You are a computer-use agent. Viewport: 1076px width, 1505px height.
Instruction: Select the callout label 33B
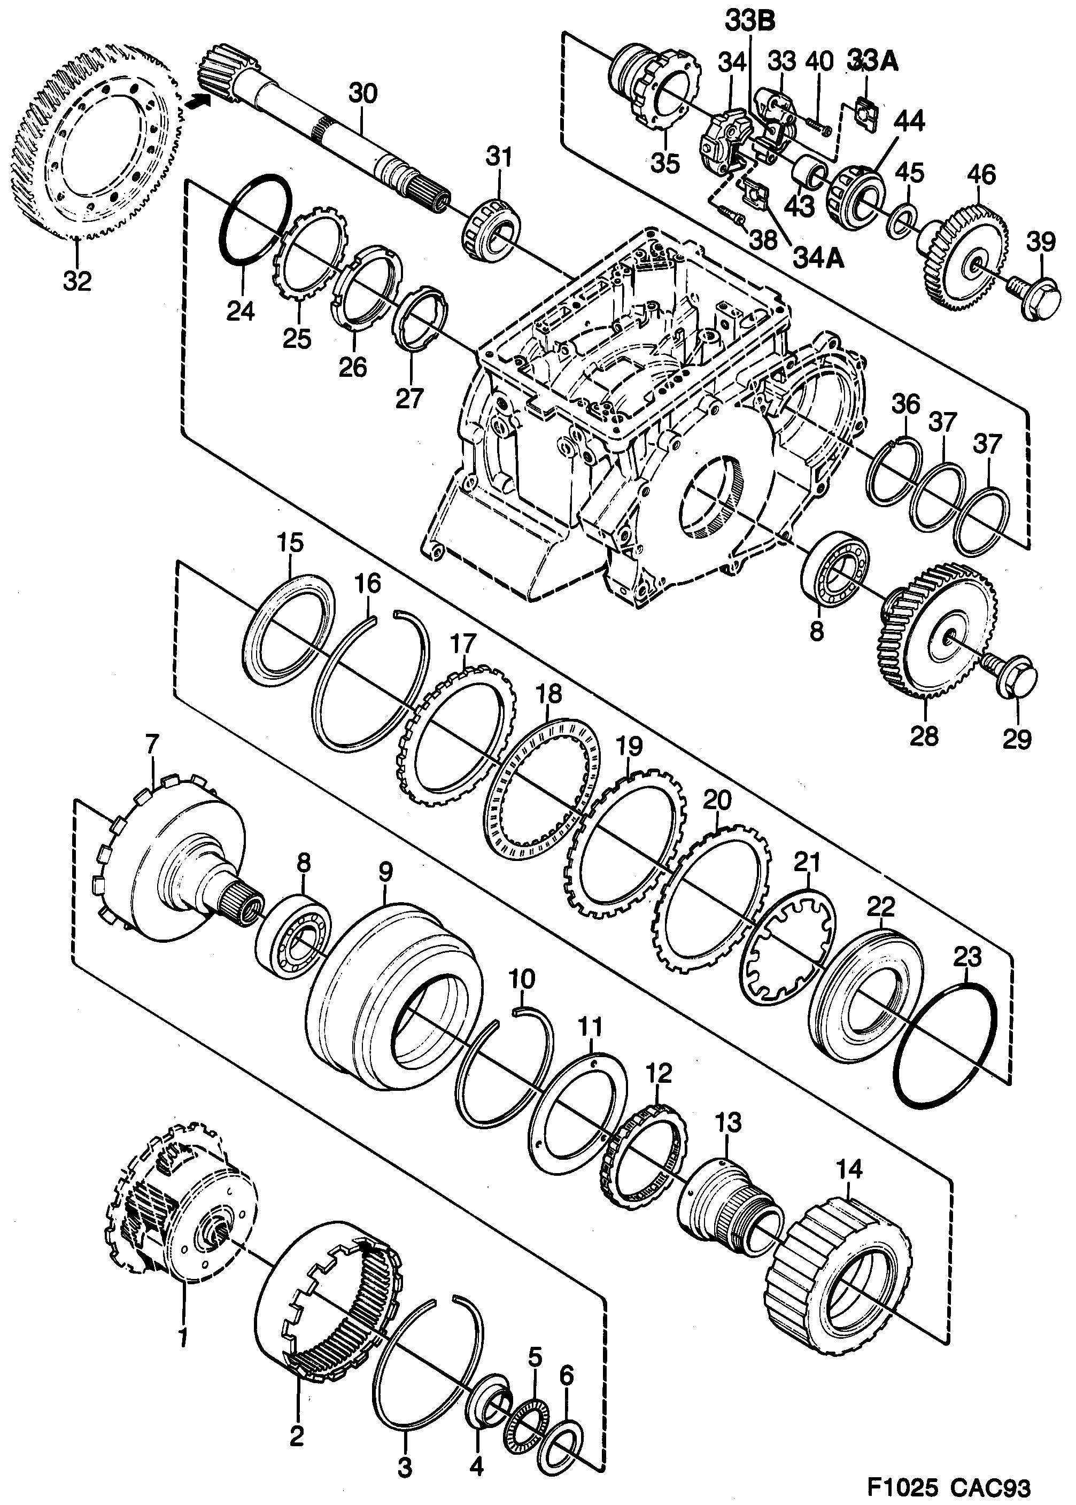pyautogui.click(x=750, y=22)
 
